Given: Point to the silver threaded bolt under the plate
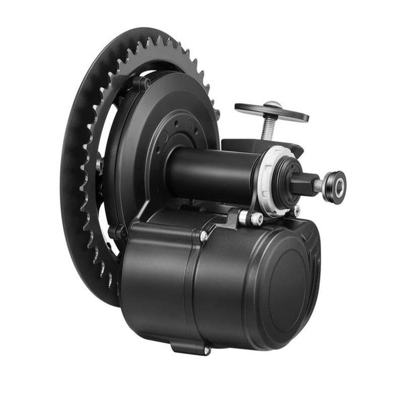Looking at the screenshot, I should click(268, 127).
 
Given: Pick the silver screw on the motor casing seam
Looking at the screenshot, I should click(204, 236).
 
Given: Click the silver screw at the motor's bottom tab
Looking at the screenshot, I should click(206, 351).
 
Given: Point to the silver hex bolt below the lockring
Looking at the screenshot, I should click(255, 218).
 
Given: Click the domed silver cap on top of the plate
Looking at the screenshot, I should click(272, 104).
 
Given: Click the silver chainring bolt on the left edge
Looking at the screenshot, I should click(99, 164).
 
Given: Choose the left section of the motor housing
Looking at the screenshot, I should click(158, 283).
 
